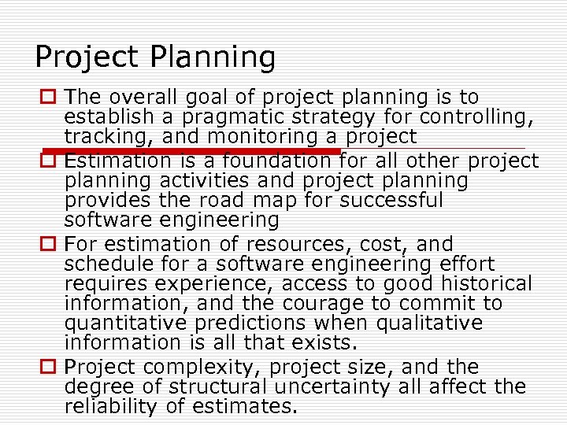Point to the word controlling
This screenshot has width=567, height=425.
click(x=477, y=117)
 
